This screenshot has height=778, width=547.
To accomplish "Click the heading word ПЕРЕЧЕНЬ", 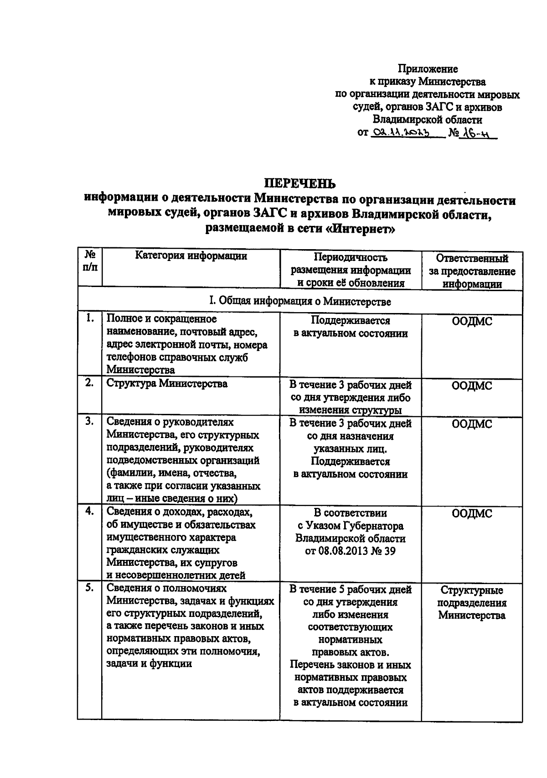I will [300, 183].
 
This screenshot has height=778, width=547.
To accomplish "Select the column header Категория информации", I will [191, 256].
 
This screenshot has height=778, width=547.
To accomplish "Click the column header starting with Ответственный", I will [472, 271].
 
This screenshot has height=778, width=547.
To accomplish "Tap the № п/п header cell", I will [90, 261].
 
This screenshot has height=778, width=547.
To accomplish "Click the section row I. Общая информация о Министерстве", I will [299, 301].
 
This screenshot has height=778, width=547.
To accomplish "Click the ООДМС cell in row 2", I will [472, 386].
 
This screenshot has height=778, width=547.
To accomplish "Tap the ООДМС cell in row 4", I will [472, 514].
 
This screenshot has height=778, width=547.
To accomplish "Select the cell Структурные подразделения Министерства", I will [472, 603].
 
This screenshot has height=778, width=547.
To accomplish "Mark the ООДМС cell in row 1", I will [472, 321].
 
